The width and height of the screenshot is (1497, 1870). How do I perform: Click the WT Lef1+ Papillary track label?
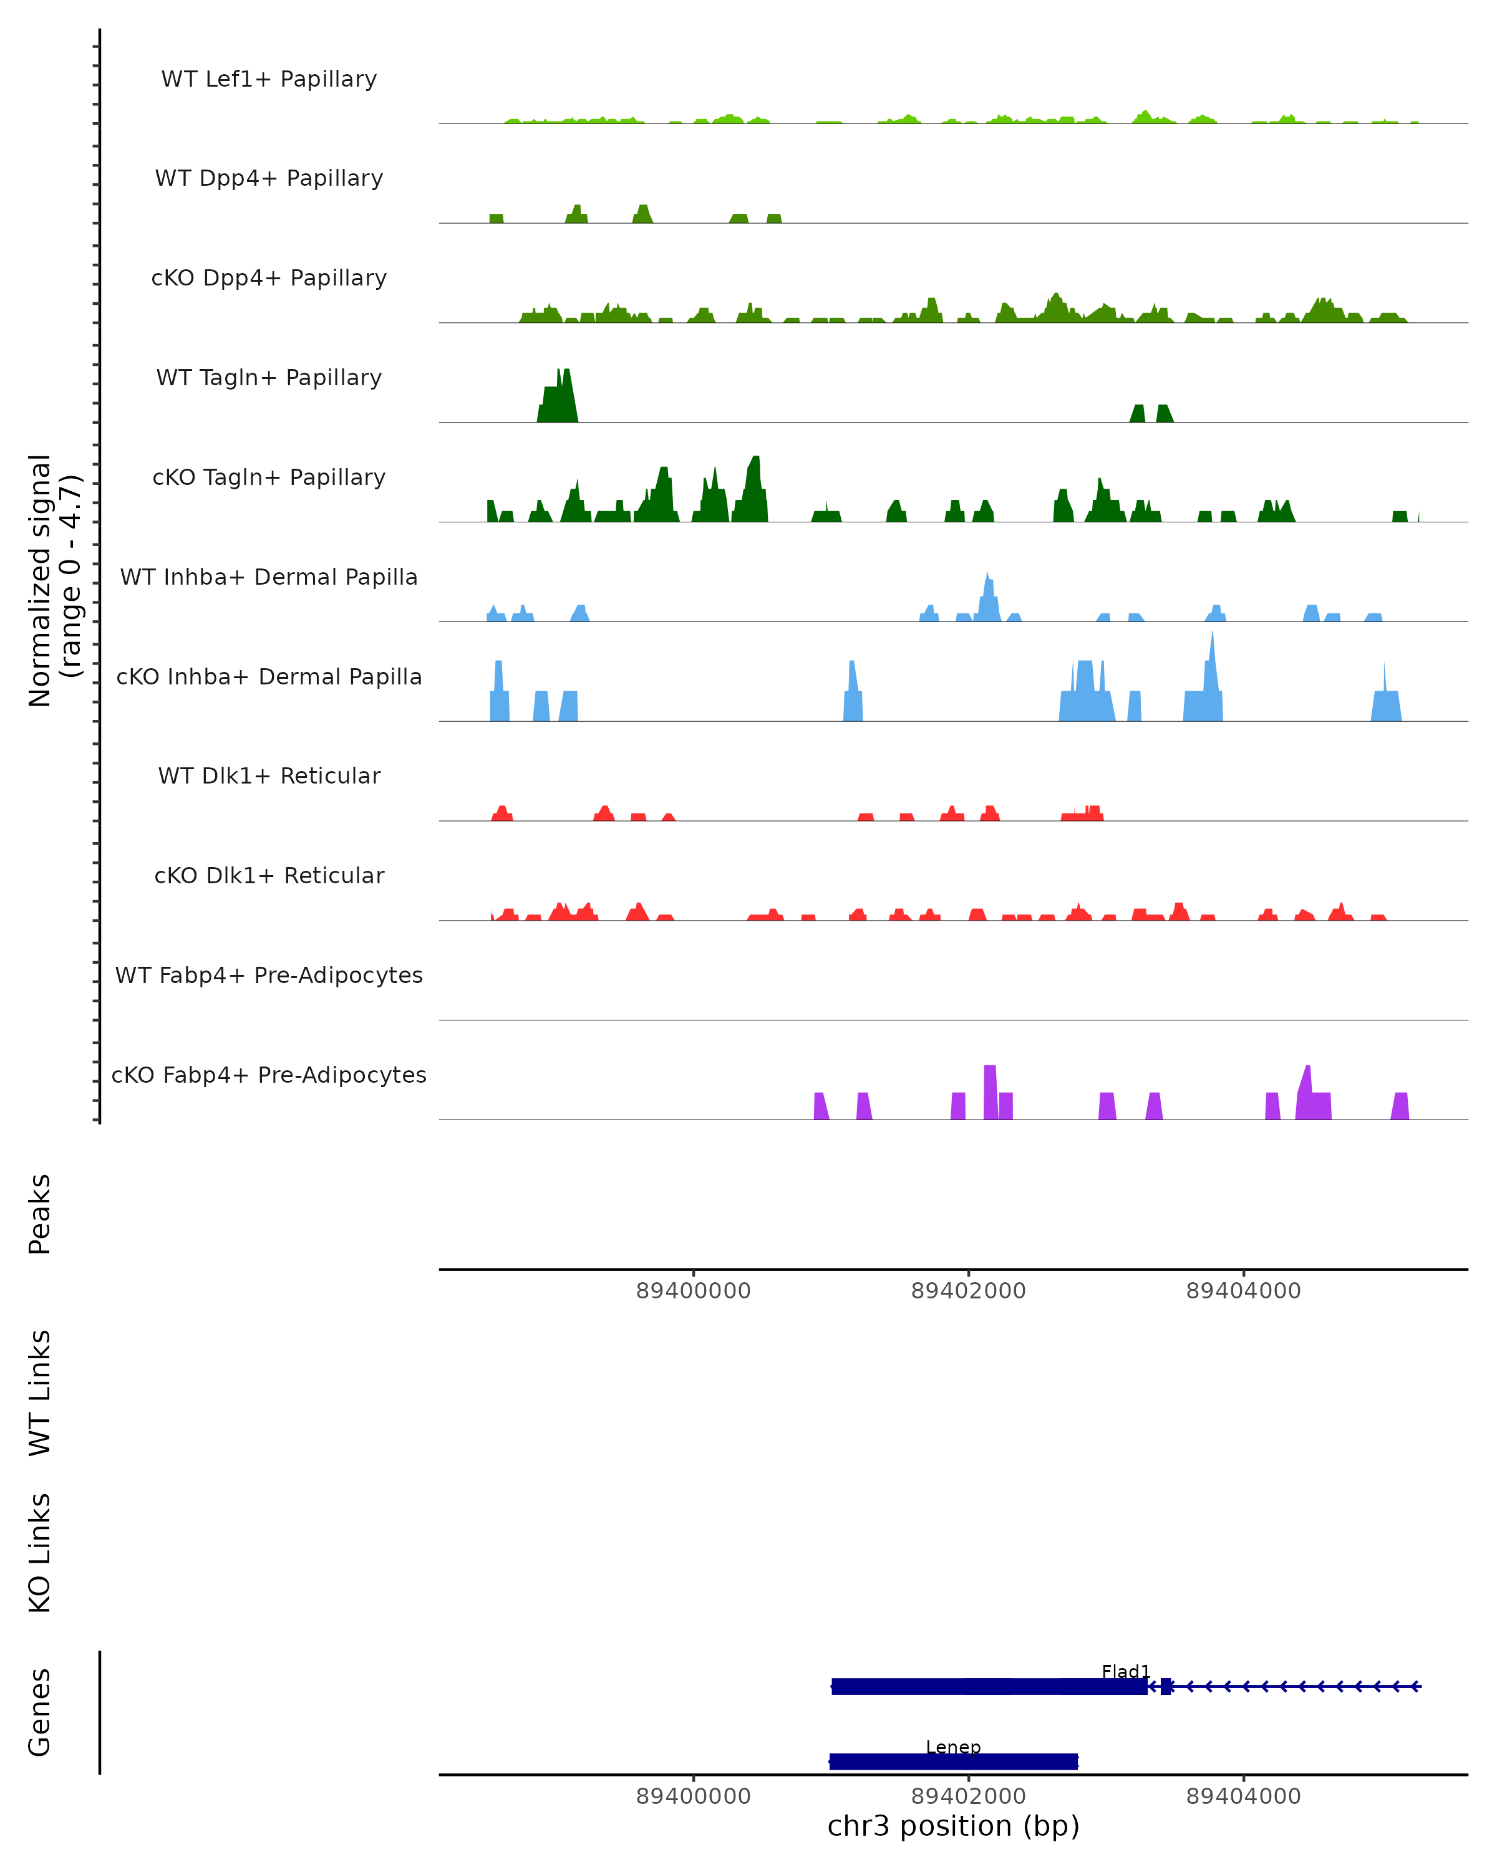click(269, 79)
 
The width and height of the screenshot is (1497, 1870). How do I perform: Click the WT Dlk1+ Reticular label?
click(269, 775)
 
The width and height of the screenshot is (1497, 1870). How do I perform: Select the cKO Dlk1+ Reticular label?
click(269, 875)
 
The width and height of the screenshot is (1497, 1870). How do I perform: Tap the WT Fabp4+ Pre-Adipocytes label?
click(269, 975)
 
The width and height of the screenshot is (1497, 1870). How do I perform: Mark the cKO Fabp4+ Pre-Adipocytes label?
click(269, 1075)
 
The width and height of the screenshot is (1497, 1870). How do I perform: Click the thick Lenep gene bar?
click(953, 1762)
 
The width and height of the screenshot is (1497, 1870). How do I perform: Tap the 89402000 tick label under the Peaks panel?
click(969, 1291)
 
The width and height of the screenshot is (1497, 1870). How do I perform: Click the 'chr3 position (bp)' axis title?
click(953, 1826)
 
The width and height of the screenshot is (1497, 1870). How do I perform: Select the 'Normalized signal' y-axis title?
click(40, 580)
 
